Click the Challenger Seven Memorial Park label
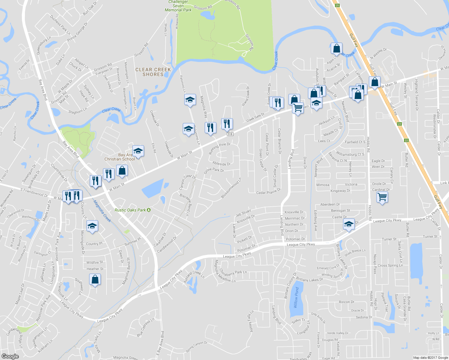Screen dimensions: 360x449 coord(178,6)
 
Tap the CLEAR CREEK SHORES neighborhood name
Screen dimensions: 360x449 coord(153,72)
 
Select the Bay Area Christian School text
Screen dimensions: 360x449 coord(120,157)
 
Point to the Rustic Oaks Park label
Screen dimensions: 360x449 coord(130,210)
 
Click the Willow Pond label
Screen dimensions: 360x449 coord(296,297)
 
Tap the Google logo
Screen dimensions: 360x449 coord(10,356)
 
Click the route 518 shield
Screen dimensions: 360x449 coord(230,134)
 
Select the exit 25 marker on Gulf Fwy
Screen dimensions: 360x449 coord(337,5)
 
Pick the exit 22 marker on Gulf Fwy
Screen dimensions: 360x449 coord(406,140)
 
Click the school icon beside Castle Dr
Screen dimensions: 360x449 coord(348,224)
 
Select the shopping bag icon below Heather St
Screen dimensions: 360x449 coord(95,280)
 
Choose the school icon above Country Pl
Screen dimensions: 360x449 coord(92,226)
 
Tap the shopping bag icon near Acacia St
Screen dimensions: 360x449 coord(336,48)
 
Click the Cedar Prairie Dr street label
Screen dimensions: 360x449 coord(268,191)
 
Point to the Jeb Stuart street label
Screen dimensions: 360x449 coord(243,213)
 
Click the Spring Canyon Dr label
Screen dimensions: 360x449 coord(196,347)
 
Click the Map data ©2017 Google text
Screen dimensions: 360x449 coord(430,358)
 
